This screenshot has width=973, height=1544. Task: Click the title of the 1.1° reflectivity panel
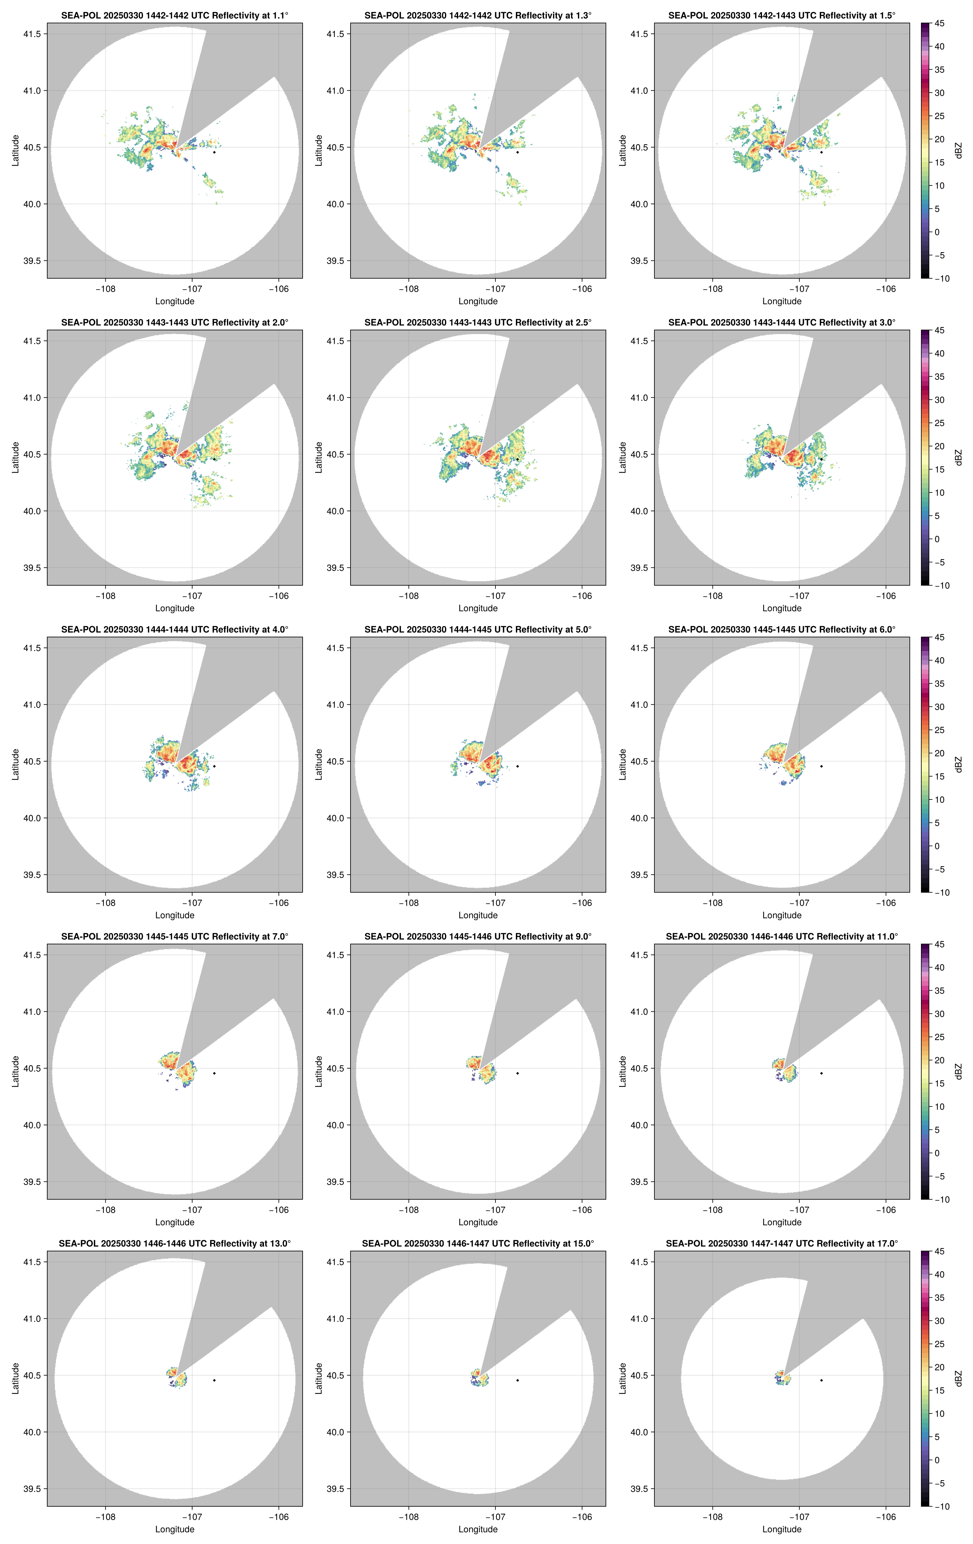(x=175, y=15)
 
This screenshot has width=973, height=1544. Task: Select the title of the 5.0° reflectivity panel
(x=478, y=630)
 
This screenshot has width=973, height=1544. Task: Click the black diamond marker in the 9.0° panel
(x=517, y=1073)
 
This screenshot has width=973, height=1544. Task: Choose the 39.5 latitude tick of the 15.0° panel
(x=336, y=1489)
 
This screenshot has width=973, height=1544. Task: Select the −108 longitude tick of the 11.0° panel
(x=713, y=1210)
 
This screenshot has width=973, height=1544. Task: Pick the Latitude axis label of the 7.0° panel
(x=15, y=1071)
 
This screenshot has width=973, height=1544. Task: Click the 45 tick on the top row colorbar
(x=939, y=24)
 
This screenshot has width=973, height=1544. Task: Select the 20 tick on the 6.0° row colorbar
(x=939, y=753)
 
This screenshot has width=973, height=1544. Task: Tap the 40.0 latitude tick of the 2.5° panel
(x=336, y=511)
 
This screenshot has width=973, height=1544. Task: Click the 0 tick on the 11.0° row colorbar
(x=937, y=1153)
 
